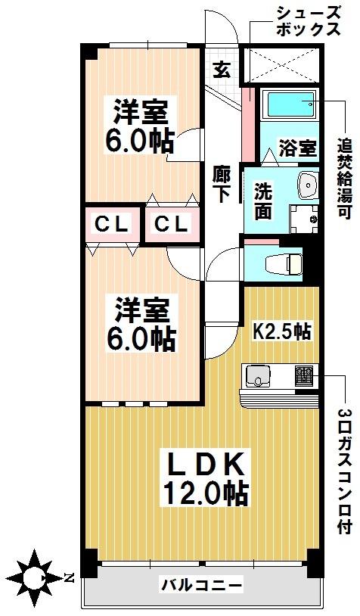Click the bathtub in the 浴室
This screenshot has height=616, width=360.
pyautogui.click(x=292, y=104)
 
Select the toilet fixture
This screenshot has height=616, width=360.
pyautogui.click(x=284, y=264)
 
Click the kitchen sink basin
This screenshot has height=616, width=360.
pyautogui.click(x=259, y=376)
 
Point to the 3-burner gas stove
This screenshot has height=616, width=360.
pyautogui.click(x=304, y=376)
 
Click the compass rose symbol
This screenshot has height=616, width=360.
pyautogui.click(x=36, y=577)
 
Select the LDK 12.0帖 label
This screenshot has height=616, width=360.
pyautogui.click(x=205, y=478)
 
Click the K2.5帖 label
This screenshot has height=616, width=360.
pyautogui.click(x=281, y=332)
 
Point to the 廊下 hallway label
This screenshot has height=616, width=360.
pyautogui.click(x=222, y=184)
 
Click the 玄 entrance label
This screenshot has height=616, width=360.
pyautogui.click(x=222, y=70)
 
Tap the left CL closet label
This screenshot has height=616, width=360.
pyautogui.click(x=112, y=225)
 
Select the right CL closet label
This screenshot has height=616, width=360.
pyautogui.click(x=171, y=225)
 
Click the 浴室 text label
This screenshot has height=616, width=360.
pyautogui.click(x=297, y=148)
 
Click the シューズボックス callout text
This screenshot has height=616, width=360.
pyautogui.click(x=308, y=23)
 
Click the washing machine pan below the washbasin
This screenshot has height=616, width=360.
pyautogui.click(x=304, y=219)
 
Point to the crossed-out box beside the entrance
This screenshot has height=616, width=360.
pyautogui.click(x=281, y=65)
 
